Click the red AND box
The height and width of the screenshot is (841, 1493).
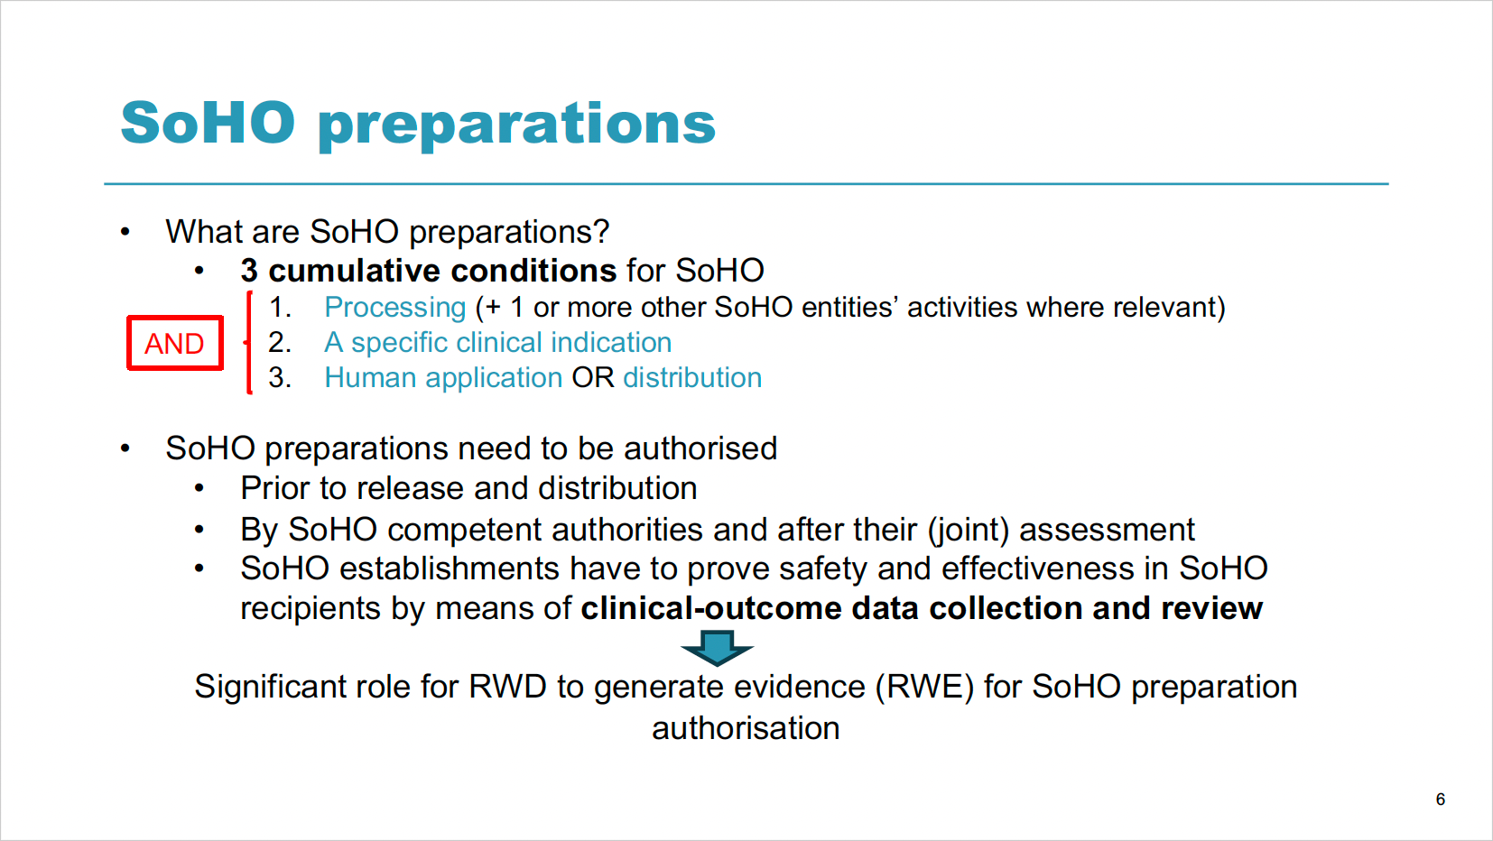coord(174,343)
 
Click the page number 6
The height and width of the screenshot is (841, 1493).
coord(1441,799)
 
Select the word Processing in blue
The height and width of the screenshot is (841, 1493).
coord(394,307)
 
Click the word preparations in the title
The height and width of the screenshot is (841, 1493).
coord(516,125)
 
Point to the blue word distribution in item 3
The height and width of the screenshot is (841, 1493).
coord(691,378)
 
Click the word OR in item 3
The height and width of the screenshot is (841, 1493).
coord(592,378)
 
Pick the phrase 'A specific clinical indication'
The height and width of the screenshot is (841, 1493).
coord(498,343)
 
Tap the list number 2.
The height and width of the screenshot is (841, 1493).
coord(279,343)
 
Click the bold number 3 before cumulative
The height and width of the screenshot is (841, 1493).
coord(249,271)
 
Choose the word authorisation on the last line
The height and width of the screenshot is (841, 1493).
coord(746,727)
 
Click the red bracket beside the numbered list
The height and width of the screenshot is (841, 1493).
coord(248,343)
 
